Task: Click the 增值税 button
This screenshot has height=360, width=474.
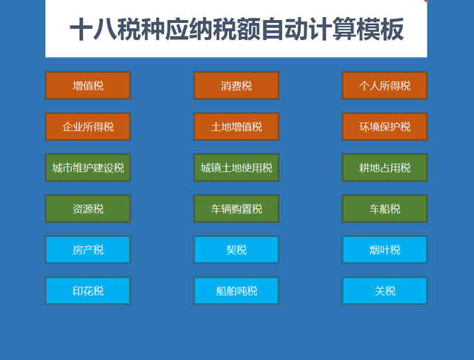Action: (x=88, y=86)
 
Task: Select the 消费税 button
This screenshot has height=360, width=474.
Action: (x=236, y=86)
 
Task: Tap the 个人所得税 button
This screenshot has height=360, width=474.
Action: (x=384, y=86)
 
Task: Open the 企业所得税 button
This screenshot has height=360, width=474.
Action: (x=88, y=127)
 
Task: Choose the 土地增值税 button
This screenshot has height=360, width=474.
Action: (x=236, y=127)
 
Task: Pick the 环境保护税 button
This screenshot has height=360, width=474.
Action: (x=384, y=127)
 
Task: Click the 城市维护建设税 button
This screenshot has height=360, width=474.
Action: (x=88, y=168)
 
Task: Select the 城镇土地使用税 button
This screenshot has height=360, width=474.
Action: (x=236, y=168)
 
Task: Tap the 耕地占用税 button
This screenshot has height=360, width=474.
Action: (x=384, y=168)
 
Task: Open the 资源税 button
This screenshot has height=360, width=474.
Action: (x=88, y=209)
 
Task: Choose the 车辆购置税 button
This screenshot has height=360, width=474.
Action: (x=236, y=209)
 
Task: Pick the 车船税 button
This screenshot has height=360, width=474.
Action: (x=384, y=209)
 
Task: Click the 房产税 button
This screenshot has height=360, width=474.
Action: (x=88, y=250)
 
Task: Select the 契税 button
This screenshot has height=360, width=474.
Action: (x=236, y=250)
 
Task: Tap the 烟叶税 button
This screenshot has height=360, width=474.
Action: (x=384, y=250)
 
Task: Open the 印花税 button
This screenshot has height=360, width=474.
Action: (x=88, y=291)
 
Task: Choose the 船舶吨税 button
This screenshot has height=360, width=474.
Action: (x=236, y=291)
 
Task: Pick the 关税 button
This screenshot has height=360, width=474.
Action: (x=384, y=291)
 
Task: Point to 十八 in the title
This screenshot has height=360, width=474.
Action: (x=97, y=30)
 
